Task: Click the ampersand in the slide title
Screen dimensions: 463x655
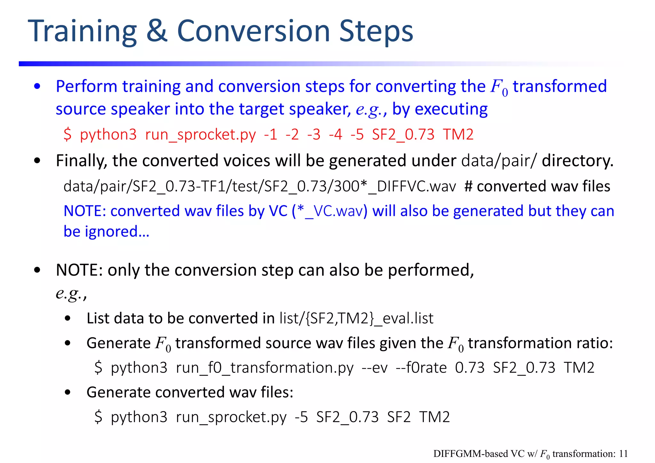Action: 157,31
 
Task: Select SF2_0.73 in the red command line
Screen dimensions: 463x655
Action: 403,135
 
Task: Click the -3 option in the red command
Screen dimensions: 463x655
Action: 314,135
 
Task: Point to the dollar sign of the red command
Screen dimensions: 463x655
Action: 67,135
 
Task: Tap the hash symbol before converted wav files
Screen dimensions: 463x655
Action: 468,186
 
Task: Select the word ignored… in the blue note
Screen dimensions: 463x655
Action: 117,231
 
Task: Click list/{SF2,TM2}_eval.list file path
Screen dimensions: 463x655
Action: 356,318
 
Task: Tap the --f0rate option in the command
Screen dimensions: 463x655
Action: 421,368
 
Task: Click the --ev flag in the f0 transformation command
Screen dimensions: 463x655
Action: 375,368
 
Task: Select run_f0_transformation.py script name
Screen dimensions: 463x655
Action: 264,368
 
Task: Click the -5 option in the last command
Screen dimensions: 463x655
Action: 301,417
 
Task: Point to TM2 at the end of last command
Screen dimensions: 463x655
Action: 434,417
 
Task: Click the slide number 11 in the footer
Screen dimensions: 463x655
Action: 623,454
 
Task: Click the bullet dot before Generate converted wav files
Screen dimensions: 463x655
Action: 67,393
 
